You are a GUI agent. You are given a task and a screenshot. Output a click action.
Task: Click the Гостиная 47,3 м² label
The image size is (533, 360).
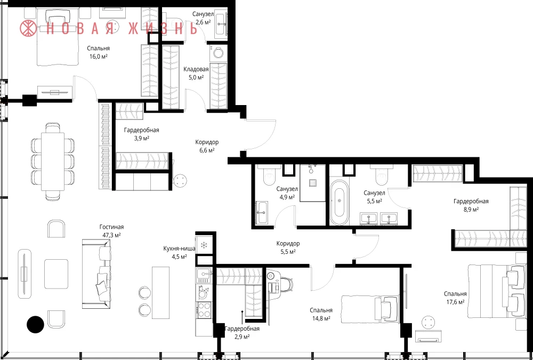111,231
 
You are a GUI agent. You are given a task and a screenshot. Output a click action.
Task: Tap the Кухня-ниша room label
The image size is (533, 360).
179,249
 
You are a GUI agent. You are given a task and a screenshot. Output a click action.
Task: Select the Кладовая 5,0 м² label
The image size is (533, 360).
196,73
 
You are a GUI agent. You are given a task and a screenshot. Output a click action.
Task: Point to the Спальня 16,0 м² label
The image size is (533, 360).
98,52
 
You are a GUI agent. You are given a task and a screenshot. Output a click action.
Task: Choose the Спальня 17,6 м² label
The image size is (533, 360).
455,298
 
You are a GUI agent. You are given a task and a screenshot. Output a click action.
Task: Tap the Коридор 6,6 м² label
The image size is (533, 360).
207,146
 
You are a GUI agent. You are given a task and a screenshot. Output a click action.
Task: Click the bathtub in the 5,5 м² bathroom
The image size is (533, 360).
339,203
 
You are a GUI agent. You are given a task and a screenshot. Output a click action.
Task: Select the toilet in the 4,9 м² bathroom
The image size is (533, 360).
269,175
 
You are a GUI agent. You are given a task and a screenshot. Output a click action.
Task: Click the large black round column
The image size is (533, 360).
35,324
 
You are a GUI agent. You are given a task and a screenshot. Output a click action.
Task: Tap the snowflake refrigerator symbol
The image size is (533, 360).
204,245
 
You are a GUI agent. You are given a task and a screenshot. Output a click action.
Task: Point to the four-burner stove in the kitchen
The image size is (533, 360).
204,310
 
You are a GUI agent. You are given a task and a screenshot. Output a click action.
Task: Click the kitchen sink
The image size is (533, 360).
204,274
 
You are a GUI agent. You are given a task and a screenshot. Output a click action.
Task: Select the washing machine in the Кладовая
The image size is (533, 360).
218,54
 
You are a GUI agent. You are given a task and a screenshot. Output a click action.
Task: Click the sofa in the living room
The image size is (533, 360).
96,274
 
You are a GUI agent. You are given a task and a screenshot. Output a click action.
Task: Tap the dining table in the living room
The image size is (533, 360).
53,162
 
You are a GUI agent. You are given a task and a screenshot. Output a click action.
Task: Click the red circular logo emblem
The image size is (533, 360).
28,28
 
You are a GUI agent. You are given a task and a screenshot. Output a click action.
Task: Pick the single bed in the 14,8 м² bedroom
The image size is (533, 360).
370,308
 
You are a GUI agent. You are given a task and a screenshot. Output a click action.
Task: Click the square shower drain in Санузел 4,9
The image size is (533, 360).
313,183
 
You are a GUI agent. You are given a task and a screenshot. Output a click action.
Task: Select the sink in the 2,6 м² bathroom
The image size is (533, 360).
221,22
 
